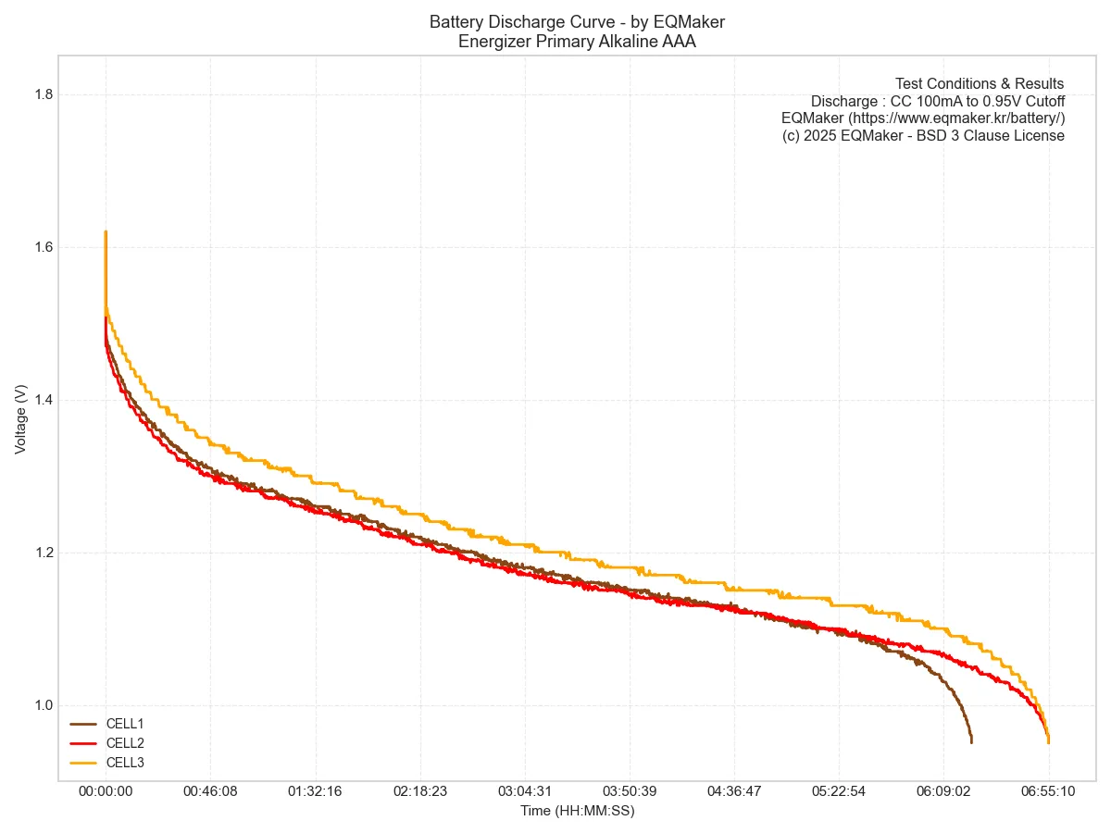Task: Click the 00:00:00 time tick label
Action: click(x=106, y=792)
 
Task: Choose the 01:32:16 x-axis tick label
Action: click(x=316, y=792)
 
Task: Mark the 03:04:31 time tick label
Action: click(x=525, y=792)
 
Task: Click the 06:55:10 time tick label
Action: click(x=1049, y=792)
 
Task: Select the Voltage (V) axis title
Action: click(x=21, y=419)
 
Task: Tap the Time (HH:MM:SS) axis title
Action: click(x=577, y=811)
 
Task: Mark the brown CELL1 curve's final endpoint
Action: click(x=971, y=742)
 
